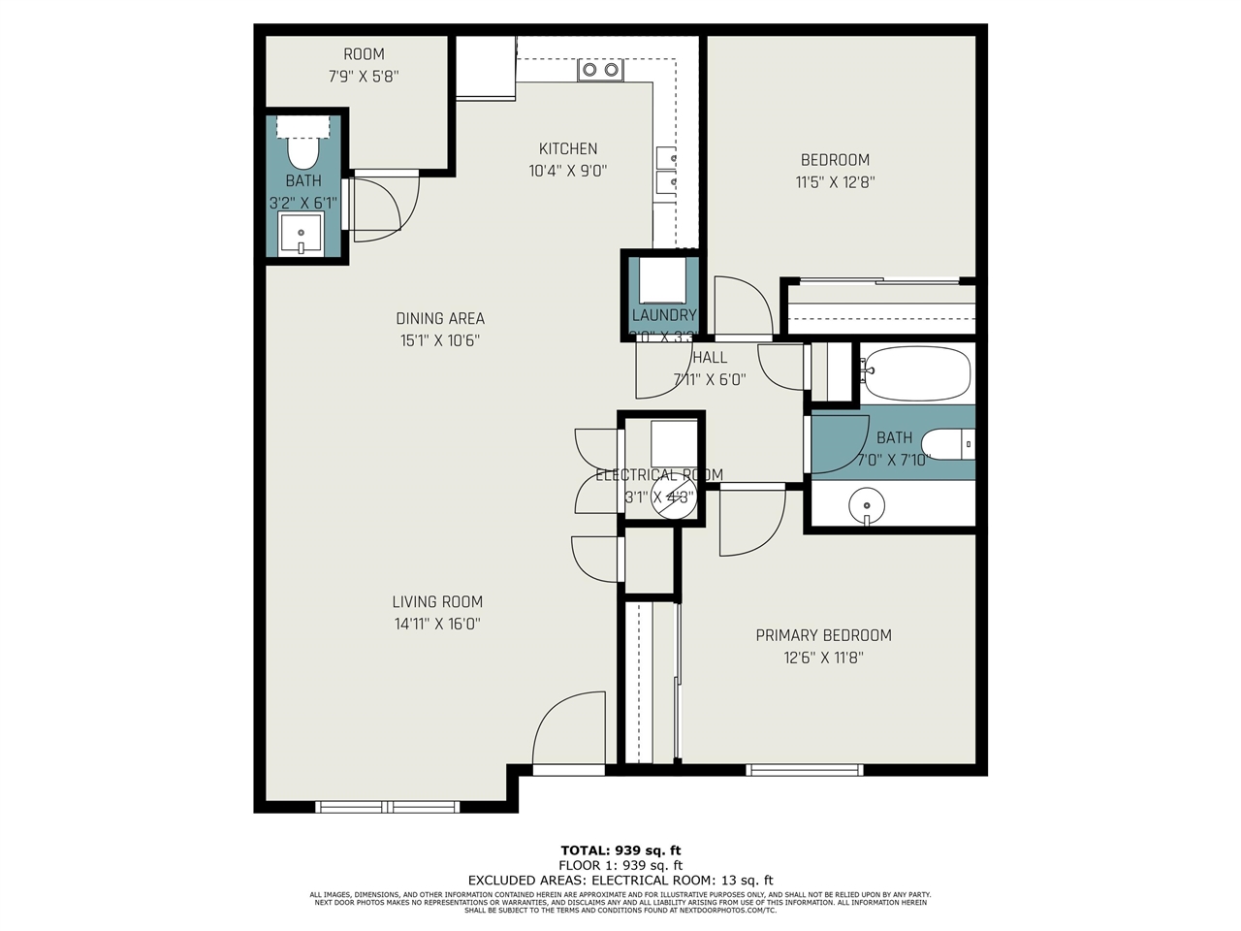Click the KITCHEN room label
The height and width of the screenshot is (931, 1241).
click(x=568, y=148)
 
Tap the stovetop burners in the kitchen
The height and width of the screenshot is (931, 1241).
click(x=599, y=70)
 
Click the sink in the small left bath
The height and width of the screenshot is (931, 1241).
click(x=301, y=235)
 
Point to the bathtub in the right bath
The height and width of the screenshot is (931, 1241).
click(x=916, y=373)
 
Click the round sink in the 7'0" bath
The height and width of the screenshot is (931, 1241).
click(x=866, y=505)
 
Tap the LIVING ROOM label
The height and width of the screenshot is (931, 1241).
click(x=437, y=602)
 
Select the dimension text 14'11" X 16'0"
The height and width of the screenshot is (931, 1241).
click(x=437, y=625)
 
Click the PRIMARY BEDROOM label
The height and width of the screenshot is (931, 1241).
click(x=823, y=635)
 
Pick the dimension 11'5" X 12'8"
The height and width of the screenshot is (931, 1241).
click(x=835, y=181)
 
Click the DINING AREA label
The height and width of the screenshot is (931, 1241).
click(x=440, y=318)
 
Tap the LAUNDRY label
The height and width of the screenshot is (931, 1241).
click(x=664, y=315)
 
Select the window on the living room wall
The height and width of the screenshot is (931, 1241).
click(x=387, y=806)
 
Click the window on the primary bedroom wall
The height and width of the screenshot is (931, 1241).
click(x=804, y=770)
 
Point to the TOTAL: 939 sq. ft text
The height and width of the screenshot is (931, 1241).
click(x=620, y=851)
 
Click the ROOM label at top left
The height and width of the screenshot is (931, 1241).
click(x=364, y=54)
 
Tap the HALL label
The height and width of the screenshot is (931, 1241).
click(x=710, y=358)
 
